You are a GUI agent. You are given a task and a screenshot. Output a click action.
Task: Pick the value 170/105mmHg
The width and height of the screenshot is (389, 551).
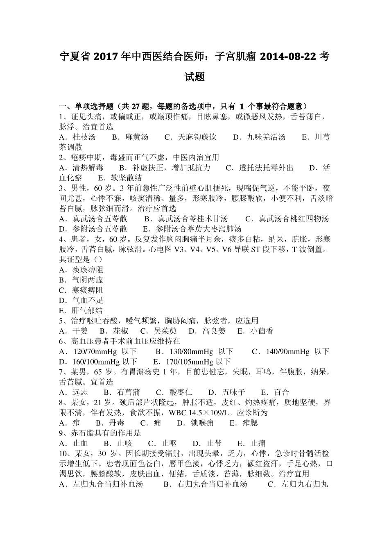pos(184,362)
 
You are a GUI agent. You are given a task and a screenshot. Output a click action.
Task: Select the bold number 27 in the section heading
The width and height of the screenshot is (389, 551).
pos(136,107)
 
